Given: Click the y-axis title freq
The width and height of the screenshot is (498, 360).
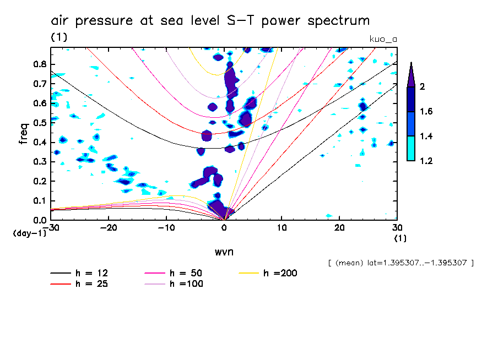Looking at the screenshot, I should pos(24,133).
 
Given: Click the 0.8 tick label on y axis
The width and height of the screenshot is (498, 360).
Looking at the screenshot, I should pos(40,64).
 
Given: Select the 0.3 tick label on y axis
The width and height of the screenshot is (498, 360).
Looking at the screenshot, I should pos(40,161).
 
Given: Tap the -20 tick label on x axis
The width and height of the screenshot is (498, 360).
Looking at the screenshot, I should pos(109,227).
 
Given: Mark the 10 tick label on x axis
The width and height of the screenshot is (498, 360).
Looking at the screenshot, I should pos(282,227).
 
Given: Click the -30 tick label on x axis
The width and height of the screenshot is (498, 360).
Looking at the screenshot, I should pos(51,227).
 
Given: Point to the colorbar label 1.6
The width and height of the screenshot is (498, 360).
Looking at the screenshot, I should pos(426,112).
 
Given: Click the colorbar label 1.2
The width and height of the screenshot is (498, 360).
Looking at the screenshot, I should pos(426,161).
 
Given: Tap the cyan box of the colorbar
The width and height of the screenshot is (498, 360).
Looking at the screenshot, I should pos(410,149).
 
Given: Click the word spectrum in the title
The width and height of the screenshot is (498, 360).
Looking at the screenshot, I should pos(335,21).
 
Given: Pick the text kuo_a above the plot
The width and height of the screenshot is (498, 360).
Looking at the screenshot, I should pos(383,39).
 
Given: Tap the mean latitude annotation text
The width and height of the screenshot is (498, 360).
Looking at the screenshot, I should pos(400,263).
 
